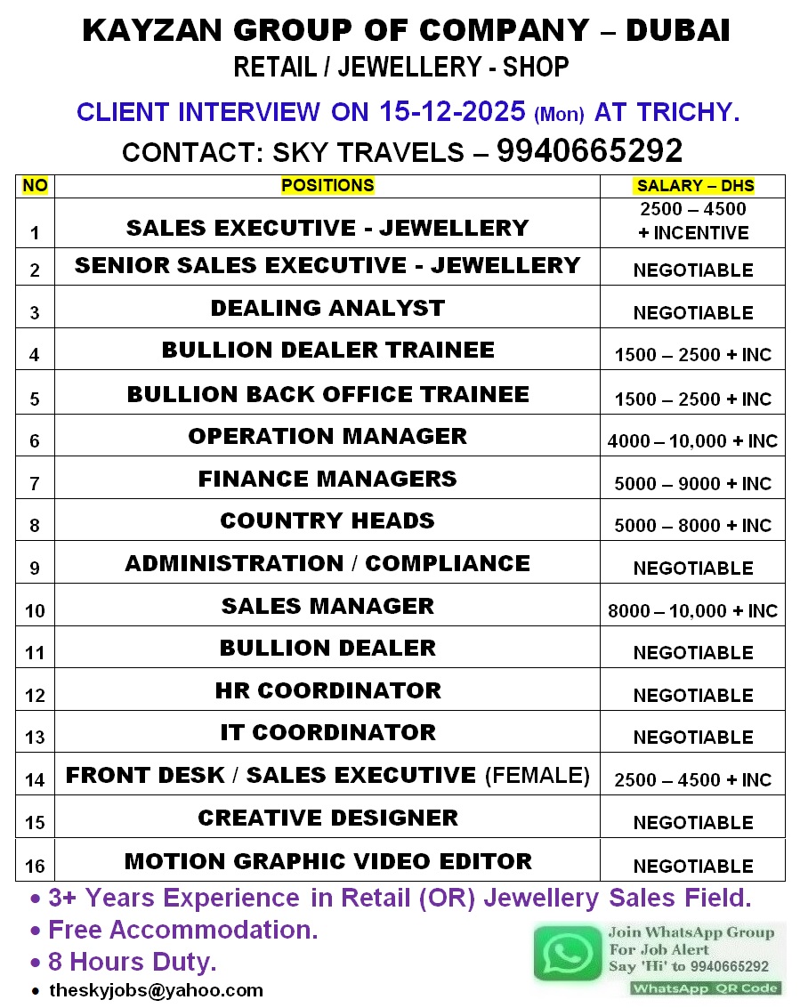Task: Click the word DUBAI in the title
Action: [678, 30]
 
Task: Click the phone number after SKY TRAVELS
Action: [589, 151]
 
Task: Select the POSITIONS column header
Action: [327, 185]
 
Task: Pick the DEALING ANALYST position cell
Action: [327, 308]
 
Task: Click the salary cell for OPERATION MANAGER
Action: [692, 440]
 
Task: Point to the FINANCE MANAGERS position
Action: [327, 479]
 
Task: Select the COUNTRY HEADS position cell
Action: [327, 520]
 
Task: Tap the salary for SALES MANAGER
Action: [692, 610]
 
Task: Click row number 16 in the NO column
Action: [35, 866]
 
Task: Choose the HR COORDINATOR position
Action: [327, 690]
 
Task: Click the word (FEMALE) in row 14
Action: [537, 775]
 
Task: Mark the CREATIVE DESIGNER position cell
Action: [327, 818]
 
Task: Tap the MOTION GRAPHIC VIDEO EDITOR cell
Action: [327, 861]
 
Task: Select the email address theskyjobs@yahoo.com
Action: [156, 989]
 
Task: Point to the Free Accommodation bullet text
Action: [182, 930]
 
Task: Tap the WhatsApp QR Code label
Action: [706, 988]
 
